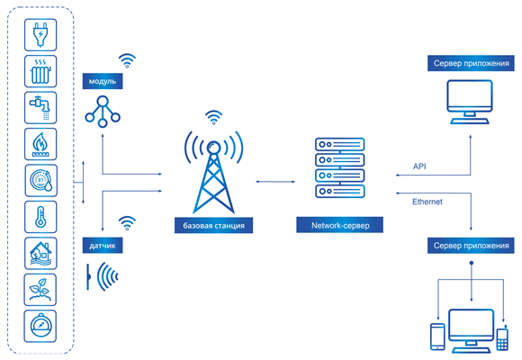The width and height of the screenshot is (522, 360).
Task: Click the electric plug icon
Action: pyautogui.click(x=40, y=34)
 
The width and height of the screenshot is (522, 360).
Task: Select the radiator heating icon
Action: pyautogui.click(x=40, y=71)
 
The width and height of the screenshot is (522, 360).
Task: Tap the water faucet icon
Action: pyautogui.click(x=40, y=108)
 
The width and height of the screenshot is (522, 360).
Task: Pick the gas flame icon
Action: pyautogui.click(x=40, y=144)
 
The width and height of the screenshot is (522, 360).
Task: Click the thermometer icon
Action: pyautogui.click(x=40, y=217)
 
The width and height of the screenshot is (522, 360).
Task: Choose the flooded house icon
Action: pyautogui.click(x=40, y=254)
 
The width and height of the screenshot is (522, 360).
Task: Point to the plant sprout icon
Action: pyautogui.click(x=40, y=290)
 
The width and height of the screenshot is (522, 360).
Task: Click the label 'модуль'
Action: pyautogui.click(x=103, y=81)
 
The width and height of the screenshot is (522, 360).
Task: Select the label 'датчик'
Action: pyautogui.click(x=103, y=246)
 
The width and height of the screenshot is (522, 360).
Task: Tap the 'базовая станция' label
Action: pyautogui.click(x=213, y=226)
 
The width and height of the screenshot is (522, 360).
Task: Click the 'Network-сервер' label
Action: pyautogui.click(x=340, y=225)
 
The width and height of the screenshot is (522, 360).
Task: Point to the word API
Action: pyautogui.click(x=419, y=166)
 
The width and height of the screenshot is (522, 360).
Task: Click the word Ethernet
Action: pyautogui.click(x=427, y=202)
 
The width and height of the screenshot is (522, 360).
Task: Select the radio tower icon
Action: pyautogui.click(x=213, y=172)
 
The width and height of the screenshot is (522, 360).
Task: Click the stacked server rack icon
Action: pyautogui.click(x=340, y=167)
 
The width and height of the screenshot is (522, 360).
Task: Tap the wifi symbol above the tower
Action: pyautogui.click(x=213, y=118)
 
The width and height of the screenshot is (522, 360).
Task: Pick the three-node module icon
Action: pyautogui.click(x=103, y=112)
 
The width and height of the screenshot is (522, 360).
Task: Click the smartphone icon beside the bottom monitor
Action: pyautogui.click(x=437, y=337)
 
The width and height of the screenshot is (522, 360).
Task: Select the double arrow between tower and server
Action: pyautogui.click(x=275, y=182)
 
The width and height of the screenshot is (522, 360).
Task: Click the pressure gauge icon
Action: pyautogui.click(x=40, y=326)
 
